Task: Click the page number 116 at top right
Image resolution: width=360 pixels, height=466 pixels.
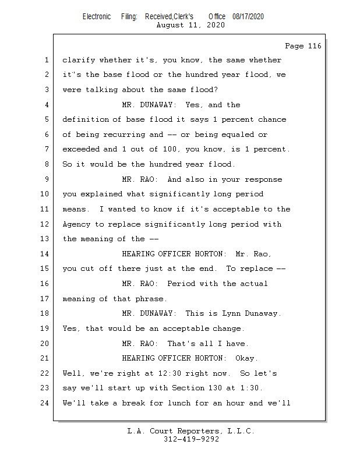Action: [315, 46]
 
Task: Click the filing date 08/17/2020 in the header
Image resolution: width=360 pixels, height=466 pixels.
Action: [248, 17]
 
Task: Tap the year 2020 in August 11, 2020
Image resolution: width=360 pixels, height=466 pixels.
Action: [216, 25]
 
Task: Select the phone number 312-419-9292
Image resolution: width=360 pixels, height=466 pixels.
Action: [191, 439]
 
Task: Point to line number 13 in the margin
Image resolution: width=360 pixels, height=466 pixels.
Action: [45, 239]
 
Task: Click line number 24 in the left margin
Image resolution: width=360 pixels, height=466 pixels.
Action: [45, 403]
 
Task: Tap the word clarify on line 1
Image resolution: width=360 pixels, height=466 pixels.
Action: [79, 61]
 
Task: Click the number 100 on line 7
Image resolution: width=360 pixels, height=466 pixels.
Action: [170, 149]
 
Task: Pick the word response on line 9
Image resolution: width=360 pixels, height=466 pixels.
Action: [263, 180]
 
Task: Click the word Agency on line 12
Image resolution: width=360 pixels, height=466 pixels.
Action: [76, 224]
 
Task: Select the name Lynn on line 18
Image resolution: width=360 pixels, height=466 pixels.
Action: [231, 313]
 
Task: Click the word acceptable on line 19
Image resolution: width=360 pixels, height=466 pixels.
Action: [186, 329]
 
